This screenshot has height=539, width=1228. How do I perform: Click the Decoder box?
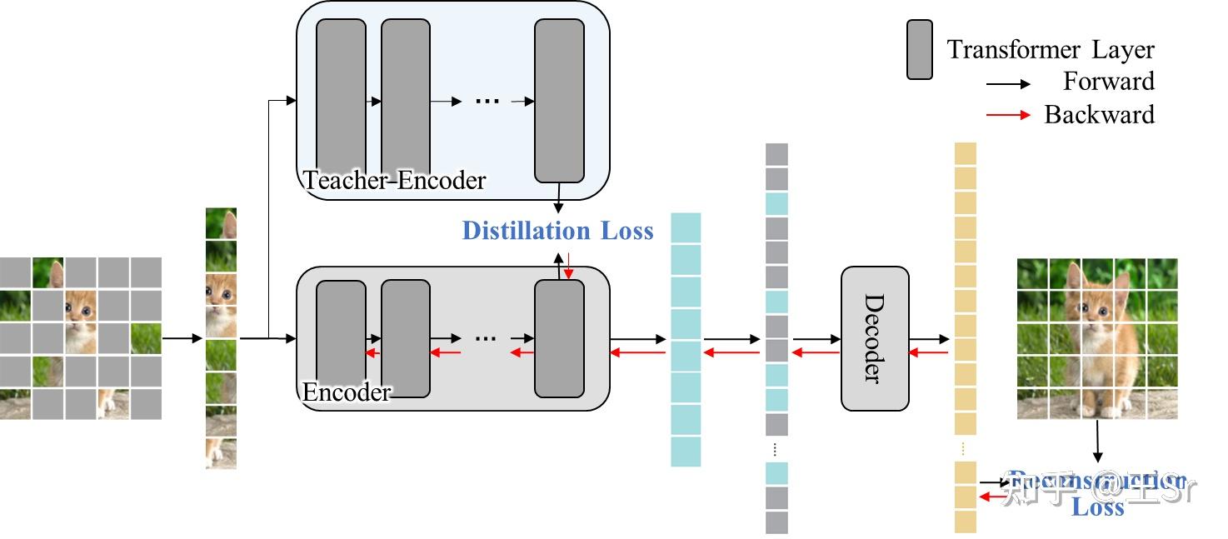click(x=874, y=338)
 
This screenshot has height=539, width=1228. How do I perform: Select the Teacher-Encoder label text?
click(x=394, y=180)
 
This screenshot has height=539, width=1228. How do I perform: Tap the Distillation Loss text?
click(x=557, y=231)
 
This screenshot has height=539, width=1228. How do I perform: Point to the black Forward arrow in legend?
click(x=1008, y=83)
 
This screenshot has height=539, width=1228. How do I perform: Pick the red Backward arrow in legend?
click(x=1008, y=114)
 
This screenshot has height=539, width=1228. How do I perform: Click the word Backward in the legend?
click(x=1099, y=114)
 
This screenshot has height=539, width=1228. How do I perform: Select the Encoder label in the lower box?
click(x=347, y=392)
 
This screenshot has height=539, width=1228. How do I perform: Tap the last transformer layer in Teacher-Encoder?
click(x=559, y=100)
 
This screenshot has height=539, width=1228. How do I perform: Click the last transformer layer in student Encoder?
click(x=559, y=338)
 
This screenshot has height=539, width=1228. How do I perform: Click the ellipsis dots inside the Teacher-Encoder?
click(x=487, y=101)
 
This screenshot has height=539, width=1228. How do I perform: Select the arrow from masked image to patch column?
click(x=182, y=338)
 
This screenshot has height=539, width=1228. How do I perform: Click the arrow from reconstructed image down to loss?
click(x=1097, y=441)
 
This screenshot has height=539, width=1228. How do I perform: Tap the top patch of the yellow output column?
click(x=965, y=154)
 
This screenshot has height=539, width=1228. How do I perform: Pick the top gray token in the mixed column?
click(x=776, y=154)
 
